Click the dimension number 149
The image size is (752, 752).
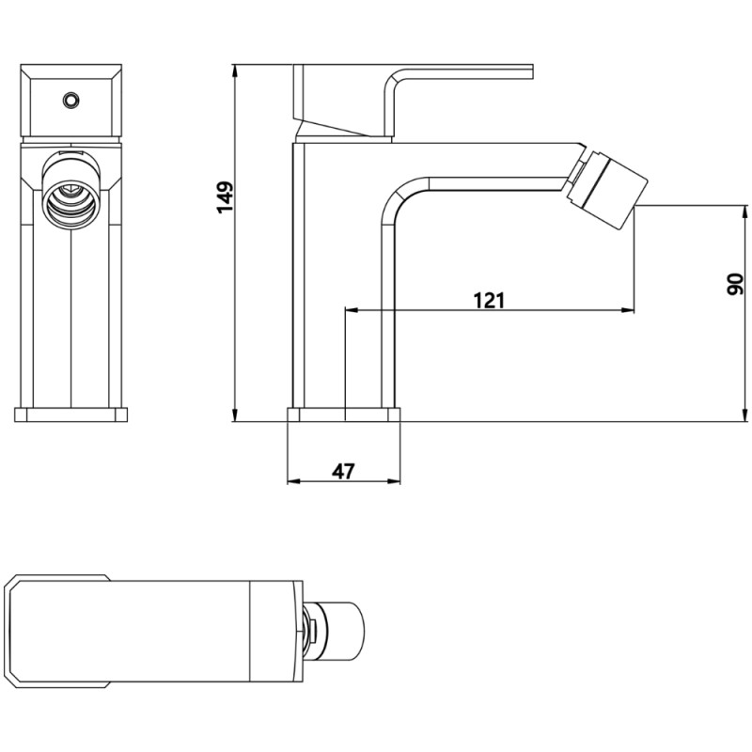coord(225,197)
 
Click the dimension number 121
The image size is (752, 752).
coord(489,300)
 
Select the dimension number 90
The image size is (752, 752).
coord(735,283)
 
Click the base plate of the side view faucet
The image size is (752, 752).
coord(343,415)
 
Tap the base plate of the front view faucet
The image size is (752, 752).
coord(71,415)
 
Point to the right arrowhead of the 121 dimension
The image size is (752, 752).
coord(628,310)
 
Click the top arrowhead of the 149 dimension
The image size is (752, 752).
coord(234,70)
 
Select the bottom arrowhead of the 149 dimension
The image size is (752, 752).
coord(234,415)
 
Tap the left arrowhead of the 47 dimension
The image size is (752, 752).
coord(291,482)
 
